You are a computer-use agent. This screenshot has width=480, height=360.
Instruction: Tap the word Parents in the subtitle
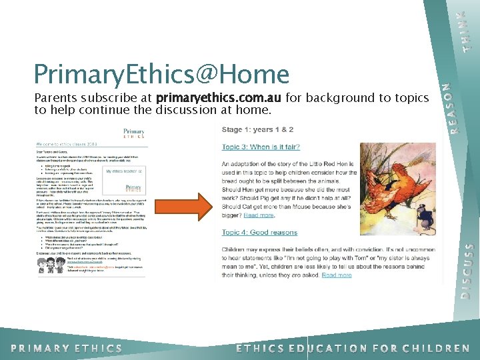pyautogui.click(x=55, y=98)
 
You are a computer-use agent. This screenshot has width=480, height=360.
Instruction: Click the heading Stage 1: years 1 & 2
pyautogui.click(x=257, y=129)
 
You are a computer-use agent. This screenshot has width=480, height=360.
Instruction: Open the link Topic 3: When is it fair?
pyautogui.click(x=261, y=147)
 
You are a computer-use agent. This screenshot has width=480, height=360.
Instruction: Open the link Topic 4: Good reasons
pyautogui.click(x=259, y=232)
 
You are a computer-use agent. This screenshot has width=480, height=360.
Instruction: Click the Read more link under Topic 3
pyautogui.click(x=259, y=215)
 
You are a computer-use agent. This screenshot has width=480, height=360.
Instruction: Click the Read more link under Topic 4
pyautogui.click(x=337, y=275)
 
